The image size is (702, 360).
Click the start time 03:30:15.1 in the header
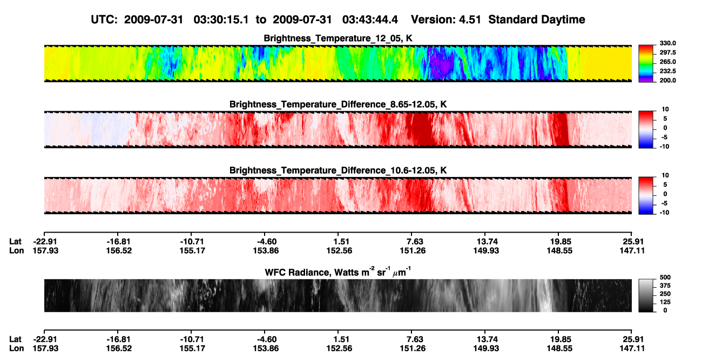[x=221, y=20]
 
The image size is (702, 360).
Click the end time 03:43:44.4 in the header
[x=370, y=20]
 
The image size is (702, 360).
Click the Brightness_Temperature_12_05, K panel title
[x=337, y=38]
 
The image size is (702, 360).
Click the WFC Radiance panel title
[x=337, y=271]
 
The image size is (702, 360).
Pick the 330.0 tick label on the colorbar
[x=667, y=43]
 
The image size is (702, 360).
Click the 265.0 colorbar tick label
[x=667, y=62]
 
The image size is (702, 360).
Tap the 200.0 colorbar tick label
[x=667, y=80]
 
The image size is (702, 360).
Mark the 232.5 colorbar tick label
[x=667, y=71]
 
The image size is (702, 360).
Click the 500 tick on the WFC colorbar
[x=665, y=277]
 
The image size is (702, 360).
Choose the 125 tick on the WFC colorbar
[x=665, y=302]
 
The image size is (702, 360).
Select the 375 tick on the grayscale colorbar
[x=665, y=286]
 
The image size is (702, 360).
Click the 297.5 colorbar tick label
[x=667, y=52]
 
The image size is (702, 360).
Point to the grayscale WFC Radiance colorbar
[x=646, y=295]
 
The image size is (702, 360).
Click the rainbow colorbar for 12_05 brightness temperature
[x=646, y=64]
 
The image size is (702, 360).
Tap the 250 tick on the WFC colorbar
[x=665, y=294]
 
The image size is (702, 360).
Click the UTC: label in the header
[x=104, y=20]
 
